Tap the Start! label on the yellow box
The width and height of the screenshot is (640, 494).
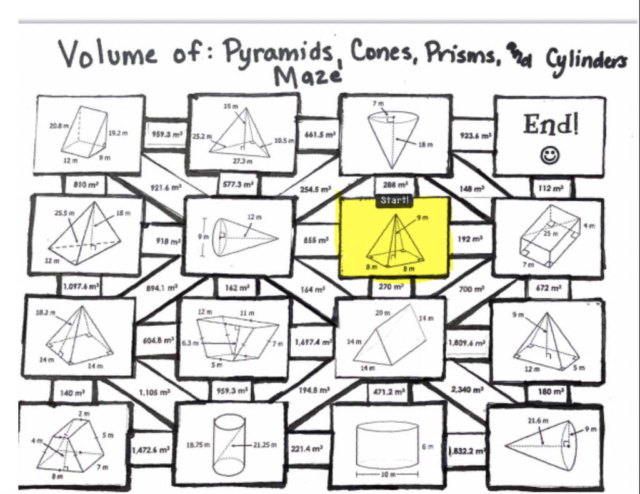click(394, 201)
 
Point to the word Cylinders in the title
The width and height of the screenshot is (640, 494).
click(585, 60)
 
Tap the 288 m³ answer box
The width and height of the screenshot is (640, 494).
click(395, 186)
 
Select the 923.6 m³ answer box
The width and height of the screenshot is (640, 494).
click(472, 134)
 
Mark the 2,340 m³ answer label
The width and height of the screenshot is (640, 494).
click(468, 390)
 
